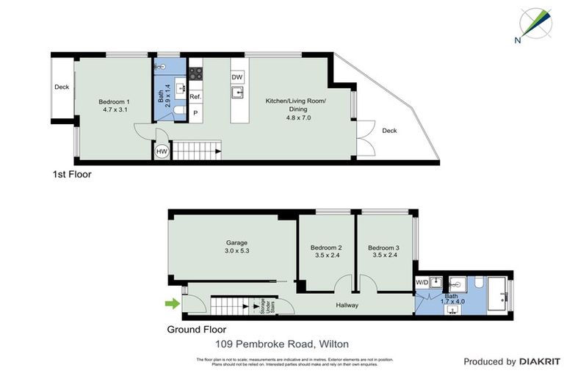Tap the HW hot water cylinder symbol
pos(162,152)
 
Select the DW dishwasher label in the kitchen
pos(237,77)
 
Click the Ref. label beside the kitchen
pos(195,96)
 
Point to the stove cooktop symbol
pos(196,73)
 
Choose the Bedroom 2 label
pos(326,247)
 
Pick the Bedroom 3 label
pos(384,247)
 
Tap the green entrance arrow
pos(173,303)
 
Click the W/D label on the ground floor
pos(422,282)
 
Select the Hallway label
pos(347,305)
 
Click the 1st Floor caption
pos(70,175)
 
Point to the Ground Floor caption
pos(196,330)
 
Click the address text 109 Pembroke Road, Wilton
pos(281,343)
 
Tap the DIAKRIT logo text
pos(539,361)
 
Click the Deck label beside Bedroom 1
pos(62,87)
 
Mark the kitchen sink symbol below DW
pos(237,93)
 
